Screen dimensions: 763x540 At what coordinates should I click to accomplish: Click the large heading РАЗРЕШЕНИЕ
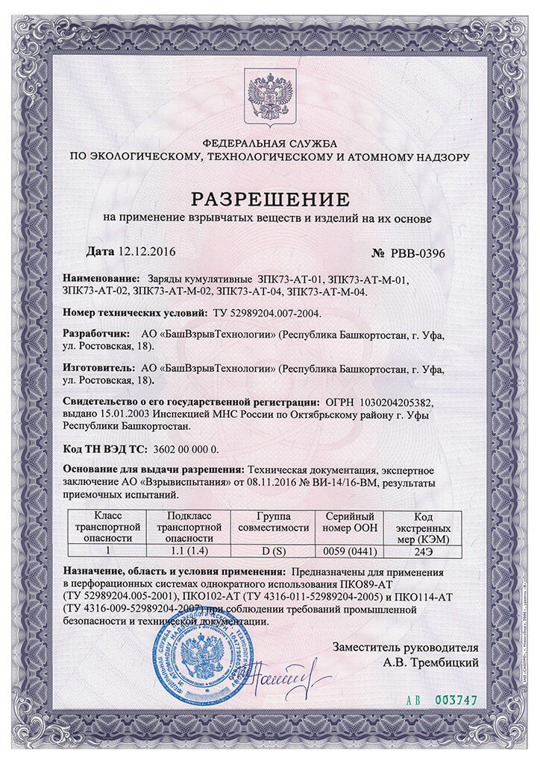[x=270, y=199]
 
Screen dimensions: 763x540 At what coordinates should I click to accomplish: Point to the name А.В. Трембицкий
[x=430, y=661]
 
